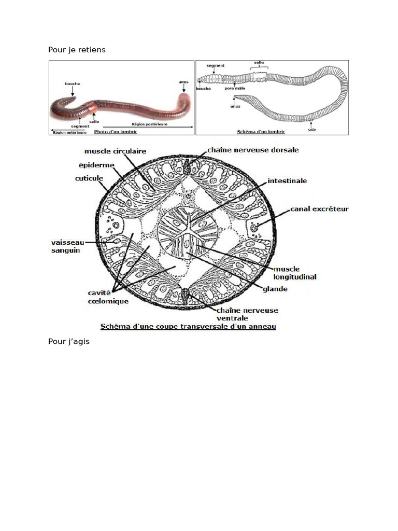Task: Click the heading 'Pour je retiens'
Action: [x=77, y=50]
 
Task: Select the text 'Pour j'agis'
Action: [x=69, y=342]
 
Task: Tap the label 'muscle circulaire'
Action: [x=115, y=151]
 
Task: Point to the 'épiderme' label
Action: [x=94, y=165]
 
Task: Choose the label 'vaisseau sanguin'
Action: [x=68, y=246]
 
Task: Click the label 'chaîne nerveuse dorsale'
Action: [x=253, y=150]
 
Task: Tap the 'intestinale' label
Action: [x=287, y=181]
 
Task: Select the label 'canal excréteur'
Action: [x=319, y=209]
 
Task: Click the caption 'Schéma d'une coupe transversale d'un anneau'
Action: [x=188, y=327]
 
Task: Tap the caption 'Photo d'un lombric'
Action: [x=115, y=132]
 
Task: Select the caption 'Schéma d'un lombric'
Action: [x=261, y=132]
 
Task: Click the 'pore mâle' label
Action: [x=235, y=88]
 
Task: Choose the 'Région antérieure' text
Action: [x=68, y=132]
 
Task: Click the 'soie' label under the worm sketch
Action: [x=311, y=130]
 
